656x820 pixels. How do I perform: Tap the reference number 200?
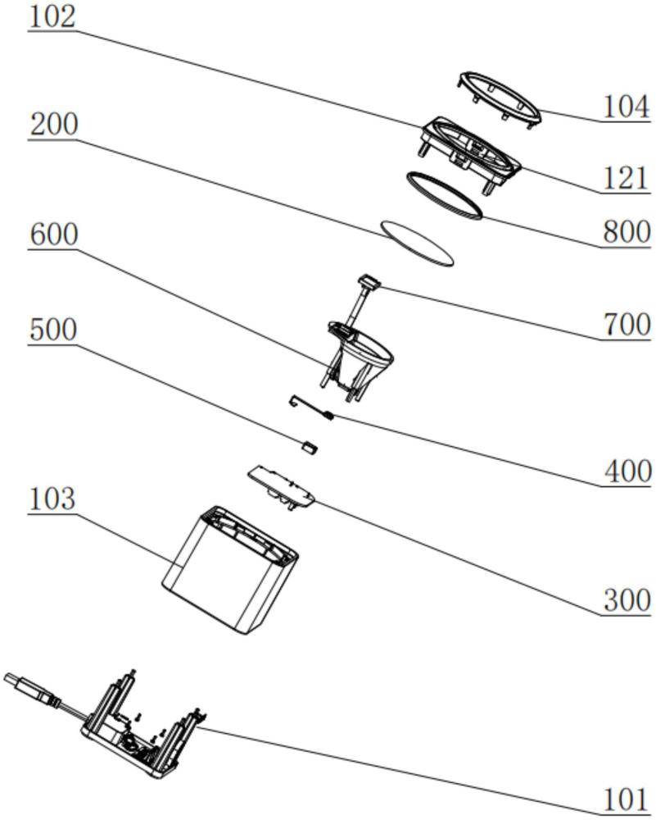53,125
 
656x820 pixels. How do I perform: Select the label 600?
53,235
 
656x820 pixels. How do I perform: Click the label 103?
53,498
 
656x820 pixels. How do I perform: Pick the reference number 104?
627,106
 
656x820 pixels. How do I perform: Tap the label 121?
627,179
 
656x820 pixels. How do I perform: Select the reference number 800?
627,232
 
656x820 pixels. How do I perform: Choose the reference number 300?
627,600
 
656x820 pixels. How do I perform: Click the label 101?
627,799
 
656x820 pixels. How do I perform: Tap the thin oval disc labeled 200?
417,243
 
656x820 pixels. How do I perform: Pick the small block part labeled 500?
310,447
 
